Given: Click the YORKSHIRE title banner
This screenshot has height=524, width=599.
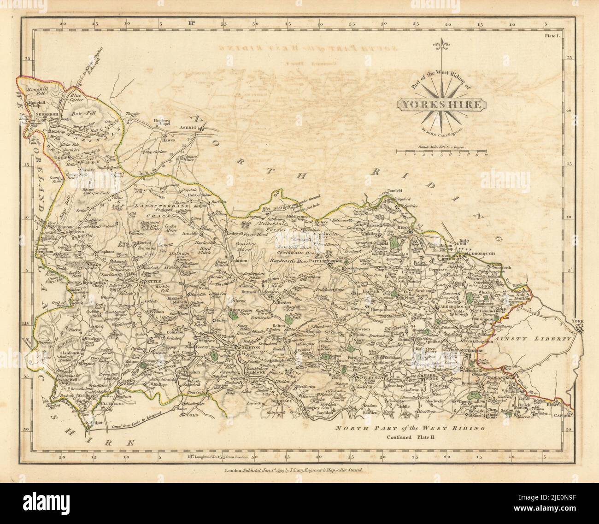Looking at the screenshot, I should [443, 105].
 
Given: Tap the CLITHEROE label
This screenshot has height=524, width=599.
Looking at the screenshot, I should [109, 401].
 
